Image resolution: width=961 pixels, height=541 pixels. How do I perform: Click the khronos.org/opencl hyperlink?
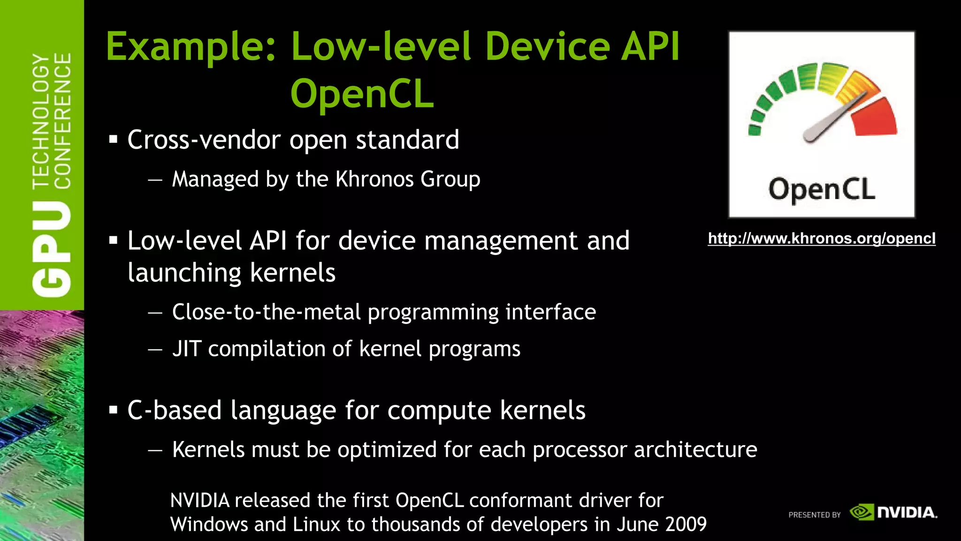[821, 239]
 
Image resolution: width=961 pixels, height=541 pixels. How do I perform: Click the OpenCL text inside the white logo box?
[822, 190]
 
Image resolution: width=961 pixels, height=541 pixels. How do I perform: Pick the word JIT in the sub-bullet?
[186, 349]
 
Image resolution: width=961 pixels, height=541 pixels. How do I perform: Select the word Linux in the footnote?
[316, 524]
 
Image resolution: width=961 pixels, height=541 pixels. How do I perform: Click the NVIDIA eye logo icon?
[862, 512]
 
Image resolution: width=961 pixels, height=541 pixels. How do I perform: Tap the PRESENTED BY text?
[814, 515]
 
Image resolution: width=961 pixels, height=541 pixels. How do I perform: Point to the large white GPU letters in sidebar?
[52, 249]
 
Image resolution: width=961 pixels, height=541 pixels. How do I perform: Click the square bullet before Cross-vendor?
[113, 139]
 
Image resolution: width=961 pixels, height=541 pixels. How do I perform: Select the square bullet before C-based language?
[113, 410]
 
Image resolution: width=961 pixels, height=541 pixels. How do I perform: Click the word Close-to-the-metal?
[267, 312]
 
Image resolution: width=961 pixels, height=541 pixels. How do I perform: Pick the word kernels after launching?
[293, 273]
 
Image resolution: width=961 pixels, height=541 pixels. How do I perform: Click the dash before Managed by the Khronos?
[155, 180]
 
